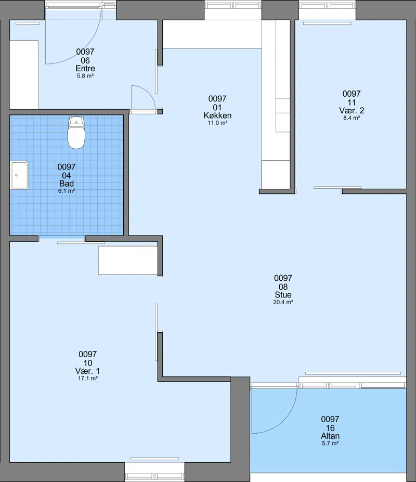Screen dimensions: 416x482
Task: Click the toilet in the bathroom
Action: coord(76,133)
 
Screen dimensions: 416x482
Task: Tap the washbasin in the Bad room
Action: coord(20,175)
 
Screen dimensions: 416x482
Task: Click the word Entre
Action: coord(85,69)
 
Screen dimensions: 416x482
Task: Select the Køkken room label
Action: coord(217,115)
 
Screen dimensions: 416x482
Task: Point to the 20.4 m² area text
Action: coord(283,302)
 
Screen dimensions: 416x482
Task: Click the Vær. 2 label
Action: coord(352,110)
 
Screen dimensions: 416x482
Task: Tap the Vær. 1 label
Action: coord(88,371)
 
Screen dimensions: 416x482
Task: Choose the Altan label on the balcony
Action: coord(330,436)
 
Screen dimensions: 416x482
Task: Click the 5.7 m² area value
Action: coord(330,444)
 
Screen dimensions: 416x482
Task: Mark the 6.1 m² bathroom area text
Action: coord(67,191)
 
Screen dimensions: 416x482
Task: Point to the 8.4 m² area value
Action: coord(352,118)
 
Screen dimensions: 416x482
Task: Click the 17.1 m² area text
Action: coord(88,379)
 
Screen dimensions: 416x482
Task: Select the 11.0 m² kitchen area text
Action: coord(217,123)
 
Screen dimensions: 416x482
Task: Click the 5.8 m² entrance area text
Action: coord(85,76)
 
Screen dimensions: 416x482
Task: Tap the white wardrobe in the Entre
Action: coord(24,74)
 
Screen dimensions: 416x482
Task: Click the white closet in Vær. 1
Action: coord(128,260)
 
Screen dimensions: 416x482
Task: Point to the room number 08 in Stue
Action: coord(283,287)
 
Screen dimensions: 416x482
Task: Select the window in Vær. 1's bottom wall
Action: coord(154,473)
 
